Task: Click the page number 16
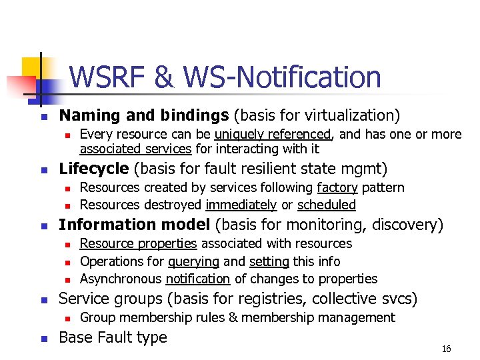(447, 349)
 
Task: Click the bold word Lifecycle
(94, 169)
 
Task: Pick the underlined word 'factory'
(337, 187)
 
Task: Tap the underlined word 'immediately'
(241, 205)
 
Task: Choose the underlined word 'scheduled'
(327, 205)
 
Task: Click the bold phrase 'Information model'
(135, 225)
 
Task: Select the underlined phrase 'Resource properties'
(139, 243)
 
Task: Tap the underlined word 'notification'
(198, 279)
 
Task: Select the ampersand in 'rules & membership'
(233, 317)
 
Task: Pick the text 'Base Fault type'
(113, 337)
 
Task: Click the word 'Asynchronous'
(121, 279)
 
